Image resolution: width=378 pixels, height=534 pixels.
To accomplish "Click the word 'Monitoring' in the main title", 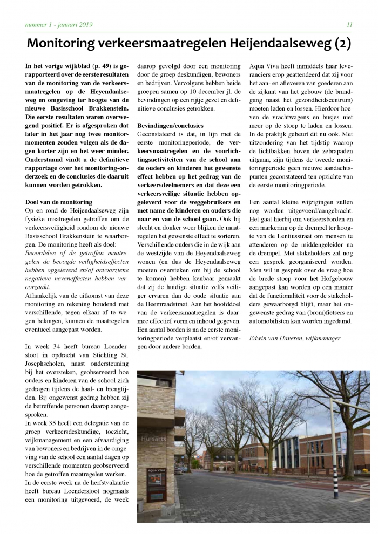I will [69, 43].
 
